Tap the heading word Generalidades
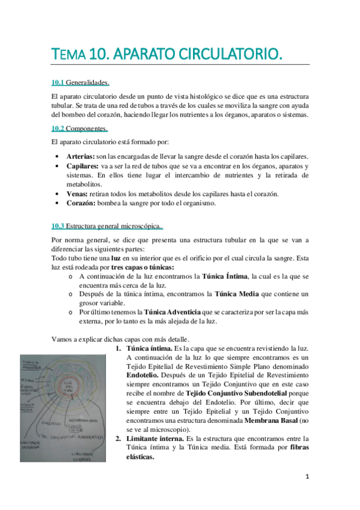pos(87,82)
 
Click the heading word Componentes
pos(87,128)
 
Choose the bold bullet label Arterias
pos(81,156)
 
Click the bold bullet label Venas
pos(77,194)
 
